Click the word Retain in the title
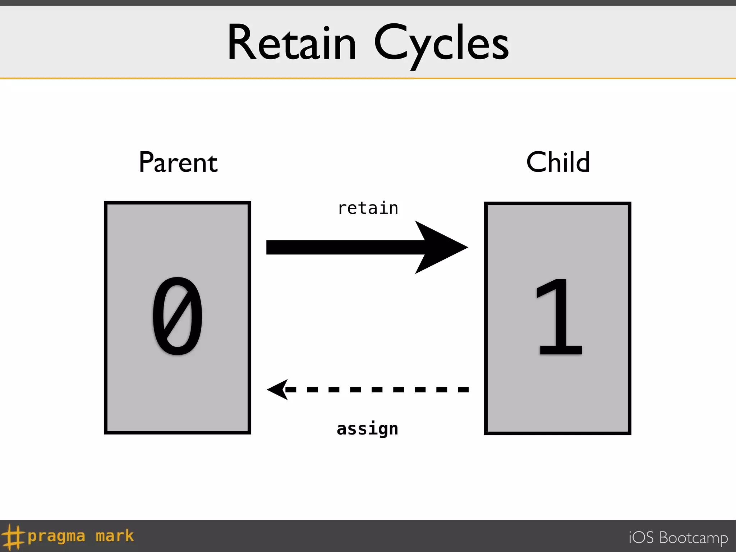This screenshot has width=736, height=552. pos(292,42)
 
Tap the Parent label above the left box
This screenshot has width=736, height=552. pos(178,162)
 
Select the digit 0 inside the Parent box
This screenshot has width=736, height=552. pos(178,316)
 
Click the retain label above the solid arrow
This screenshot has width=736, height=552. pos(368,208)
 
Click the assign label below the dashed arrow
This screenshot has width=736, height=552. pos(367,429)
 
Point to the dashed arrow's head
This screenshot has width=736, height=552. pos(279,390)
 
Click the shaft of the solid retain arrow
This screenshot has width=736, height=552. pos(341,247)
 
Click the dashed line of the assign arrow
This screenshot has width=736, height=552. pos(377,390)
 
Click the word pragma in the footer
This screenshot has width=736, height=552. pos(56,537)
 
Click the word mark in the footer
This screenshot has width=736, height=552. pos(115,536)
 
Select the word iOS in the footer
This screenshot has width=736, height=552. pos(641,538)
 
